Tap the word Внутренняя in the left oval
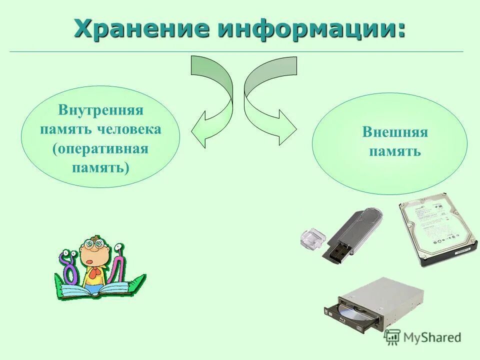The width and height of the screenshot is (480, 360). (100, 110)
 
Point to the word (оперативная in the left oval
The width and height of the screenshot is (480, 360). (100, 148)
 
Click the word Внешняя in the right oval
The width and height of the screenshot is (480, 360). (395, 132)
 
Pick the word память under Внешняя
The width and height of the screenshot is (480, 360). (395, 151)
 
